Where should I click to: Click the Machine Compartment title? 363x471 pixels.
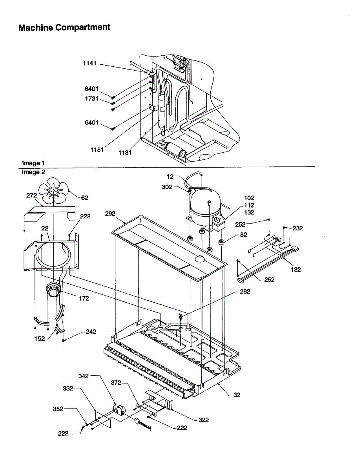pyautogui.click(x=64, y=27)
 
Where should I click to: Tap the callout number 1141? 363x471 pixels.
pyautogui.click(x=89, y=64)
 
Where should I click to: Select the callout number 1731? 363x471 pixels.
pyautogui.click(x=91, y=99)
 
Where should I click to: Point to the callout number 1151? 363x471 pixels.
pyautogui.click(x=97, y=150)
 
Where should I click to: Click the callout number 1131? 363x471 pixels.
pyautogui.click(x=125, y=153)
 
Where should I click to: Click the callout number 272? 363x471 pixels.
pyautogui.click(x=31, y=195)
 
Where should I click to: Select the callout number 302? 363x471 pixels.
pyautogui.click(x=167, y=187)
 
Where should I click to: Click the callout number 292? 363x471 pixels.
pyautogui.click(x=110, y=214)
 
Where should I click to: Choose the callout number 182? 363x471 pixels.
pyautogui.click(x=296, y=270)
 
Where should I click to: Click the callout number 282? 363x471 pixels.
pyautogui.click(x=245, y=292)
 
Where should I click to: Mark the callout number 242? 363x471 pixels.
pyautogui.click(x=91, y=332)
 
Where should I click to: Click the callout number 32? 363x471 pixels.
pyautogui.click(x=237, y=395)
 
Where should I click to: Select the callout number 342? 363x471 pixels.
pyautogui.click(x=83, y=376)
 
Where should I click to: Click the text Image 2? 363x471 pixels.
pyautogui.click(x=33, y=172)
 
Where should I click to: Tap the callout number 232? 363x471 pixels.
pyautogui.click(x=297, y=228)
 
